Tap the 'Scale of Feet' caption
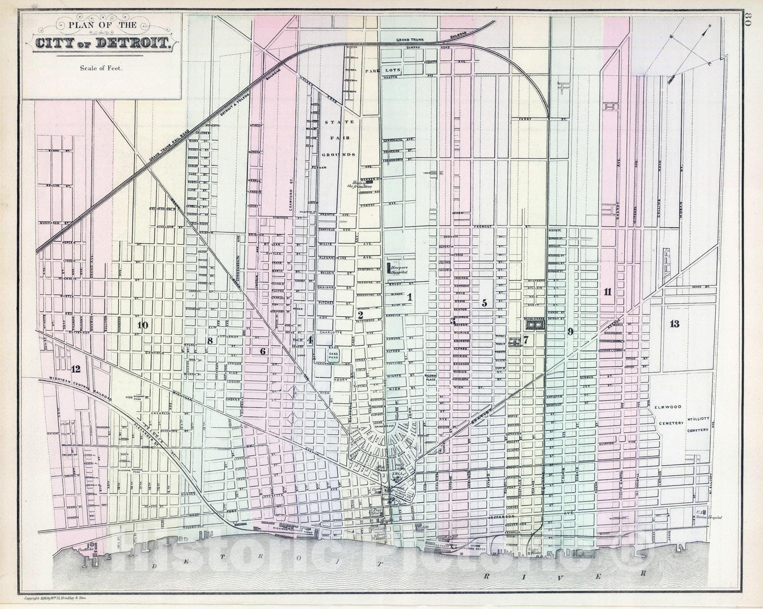(101, 68)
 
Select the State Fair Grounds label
(338, 138)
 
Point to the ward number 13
(674, 324)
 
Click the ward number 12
(75, 368)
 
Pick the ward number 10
(142, 325)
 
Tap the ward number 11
(607, 291)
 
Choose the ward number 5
(484, 302)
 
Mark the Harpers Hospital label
(399, 270)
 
